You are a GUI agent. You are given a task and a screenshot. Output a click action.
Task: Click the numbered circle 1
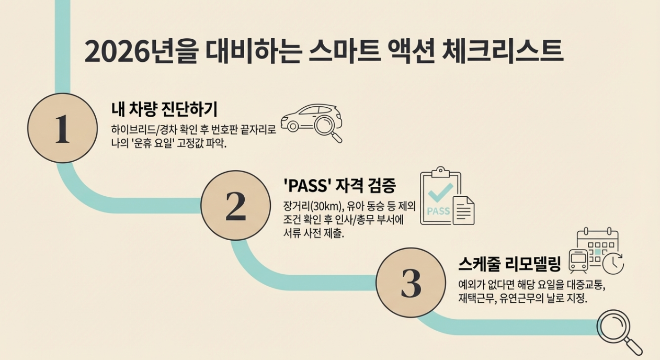(62, 128)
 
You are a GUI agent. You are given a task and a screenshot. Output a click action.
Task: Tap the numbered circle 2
(235, 205)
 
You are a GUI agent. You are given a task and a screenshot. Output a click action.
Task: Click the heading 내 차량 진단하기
(164, 109)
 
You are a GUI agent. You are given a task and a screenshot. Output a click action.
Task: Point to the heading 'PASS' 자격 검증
(339, 185)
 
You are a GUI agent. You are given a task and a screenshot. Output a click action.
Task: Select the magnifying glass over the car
(328, 127)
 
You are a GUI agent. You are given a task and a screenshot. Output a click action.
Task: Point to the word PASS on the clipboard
(438, 211)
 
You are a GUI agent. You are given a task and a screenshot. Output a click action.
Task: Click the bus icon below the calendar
(578, 261)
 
